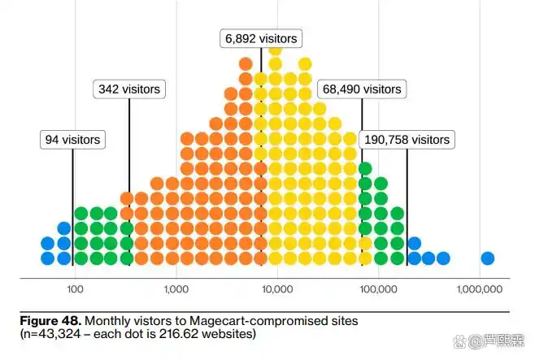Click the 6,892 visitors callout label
pos(261,38)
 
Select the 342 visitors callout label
pos(129,89)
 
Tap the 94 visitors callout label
pos(72,140)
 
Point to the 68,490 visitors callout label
pos(362,89)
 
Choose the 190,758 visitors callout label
pos(407,140)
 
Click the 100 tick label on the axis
pos(75,289)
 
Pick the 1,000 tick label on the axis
pos(176,289)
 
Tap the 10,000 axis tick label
pos(277,289)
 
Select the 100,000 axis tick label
pos(378,289)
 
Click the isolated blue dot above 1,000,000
pos(487,258)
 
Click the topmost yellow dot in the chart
pos(275,50)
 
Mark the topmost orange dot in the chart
pos(246,63)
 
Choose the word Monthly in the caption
pos(104,321)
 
